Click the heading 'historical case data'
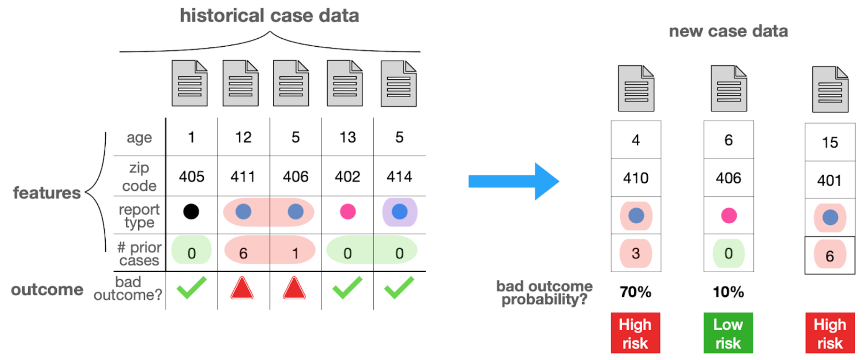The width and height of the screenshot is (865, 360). click(x=269, y=16)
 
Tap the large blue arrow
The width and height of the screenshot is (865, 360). click(x=514, y=181)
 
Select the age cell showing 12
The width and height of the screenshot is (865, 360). click(x=243, y=137)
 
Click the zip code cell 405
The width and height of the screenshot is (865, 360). click(x=192, y=177)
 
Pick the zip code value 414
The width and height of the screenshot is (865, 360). click(x=399, y=177)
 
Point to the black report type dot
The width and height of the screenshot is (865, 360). click(x=191, y=211)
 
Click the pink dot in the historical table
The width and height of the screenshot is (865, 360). click(x=348, y=211)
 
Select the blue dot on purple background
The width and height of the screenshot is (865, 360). click(x=400, y=212)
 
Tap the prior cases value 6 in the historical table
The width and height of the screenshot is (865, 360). click(x=243, y=253)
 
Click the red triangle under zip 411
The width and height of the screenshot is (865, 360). click(x=242, y=288)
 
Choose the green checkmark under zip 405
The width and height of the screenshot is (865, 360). click(x=192, y=287)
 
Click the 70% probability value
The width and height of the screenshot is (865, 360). click(x=636, y=292)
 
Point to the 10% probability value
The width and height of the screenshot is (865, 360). click(x=728, y=292)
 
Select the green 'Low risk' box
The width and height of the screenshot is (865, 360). click(x=728, y=333)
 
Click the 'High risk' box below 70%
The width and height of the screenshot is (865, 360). click(x=636, y=333)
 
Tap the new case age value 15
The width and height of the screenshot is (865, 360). click(x=830, y=142)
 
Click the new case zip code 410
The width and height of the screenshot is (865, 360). click(x=636, y=178)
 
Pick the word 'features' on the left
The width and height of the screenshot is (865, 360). click(x=47, y=193)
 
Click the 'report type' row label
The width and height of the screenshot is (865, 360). click(x=139, y=216)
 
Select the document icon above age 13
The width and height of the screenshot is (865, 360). click(x=345, y=83)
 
